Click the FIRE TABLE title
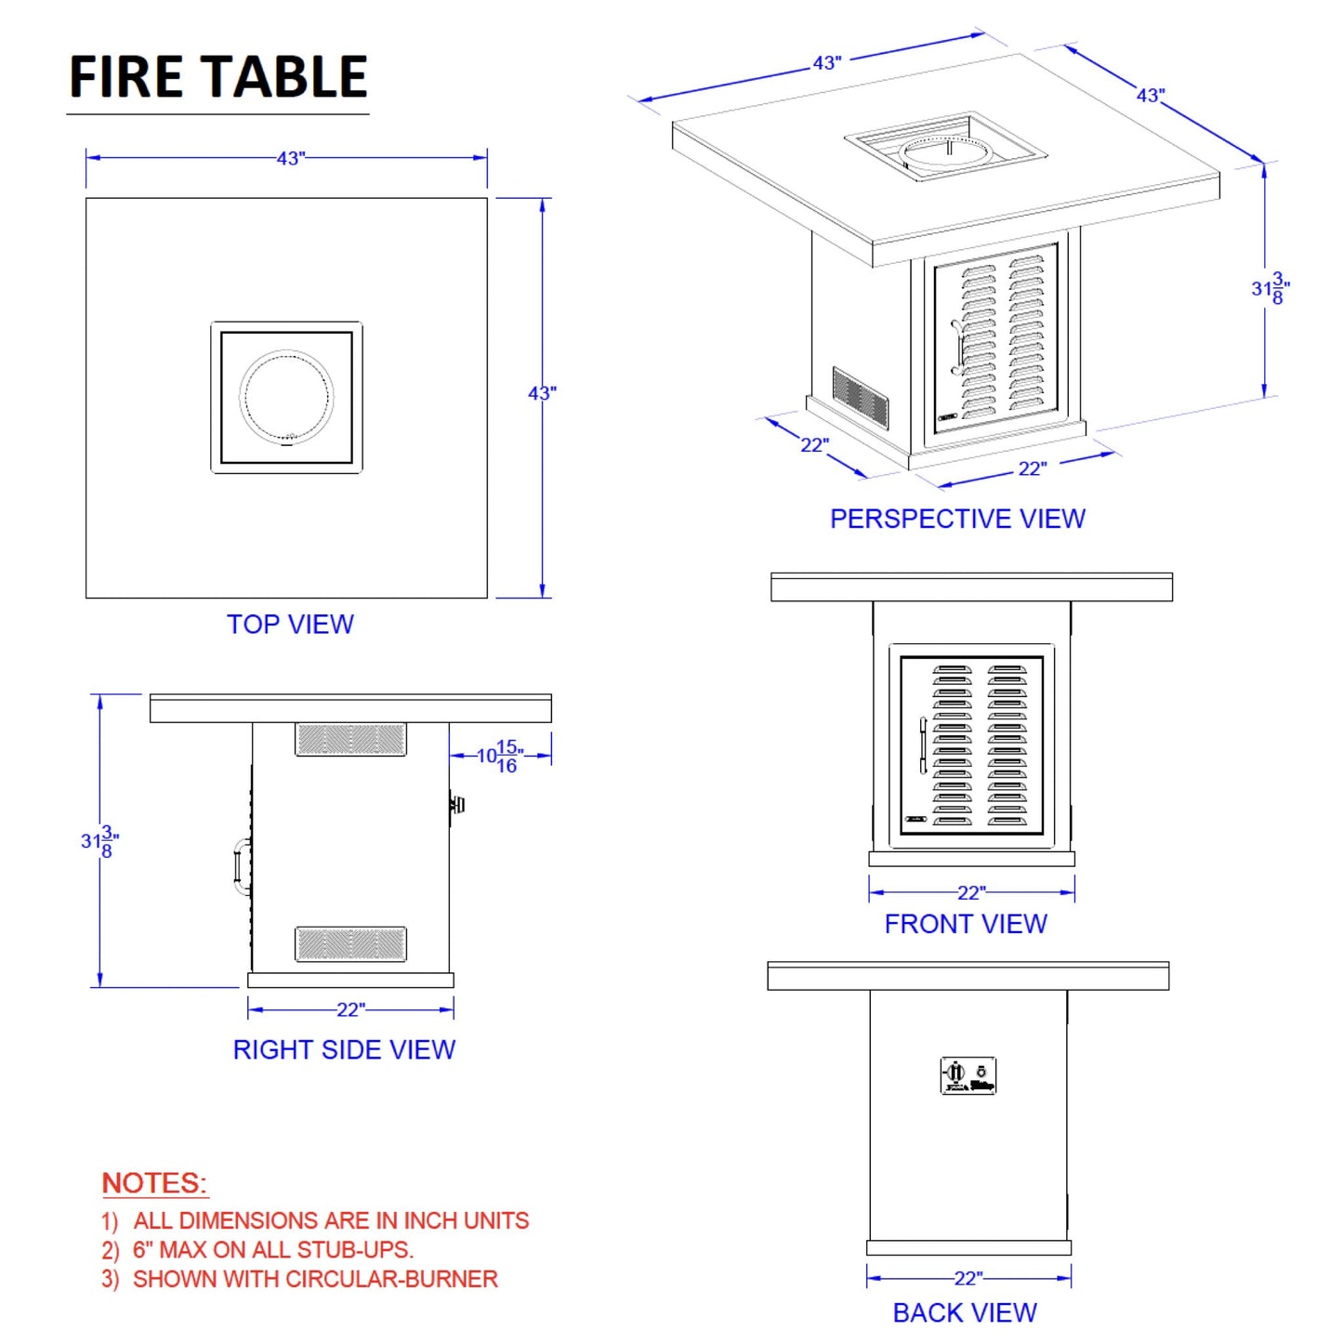tap(218, 77)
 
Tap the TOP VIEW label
tap(290, 625)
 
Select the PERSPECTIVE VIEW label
tap(957, 519)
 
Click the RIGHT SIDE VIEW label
tap(344, 1049)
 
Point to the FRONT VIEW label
tap(966, 924)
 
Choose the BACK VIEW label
tap(965, 1312)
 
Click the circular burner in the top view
tap(286, 396)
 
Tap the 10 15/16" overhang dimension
tap(500, 757)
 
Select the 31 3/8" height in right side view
tap(99, 841)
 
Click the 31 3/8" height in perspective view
tap(1270, 288)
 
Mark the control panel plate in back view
tap(968, 1075)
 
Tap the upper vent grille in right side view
tap(350, 740)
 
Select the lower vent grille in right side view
tap(350, 943)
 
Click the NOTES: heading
tap(154, 1183)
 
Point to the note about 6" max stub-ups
tap(273, 1250)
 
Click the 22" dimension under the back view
tap(968, 1278)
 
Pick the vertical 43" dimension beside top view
tap(542, 393)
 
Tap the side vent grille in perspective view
tap(860, 397)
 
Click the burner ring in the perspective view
tap(946, 152)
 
